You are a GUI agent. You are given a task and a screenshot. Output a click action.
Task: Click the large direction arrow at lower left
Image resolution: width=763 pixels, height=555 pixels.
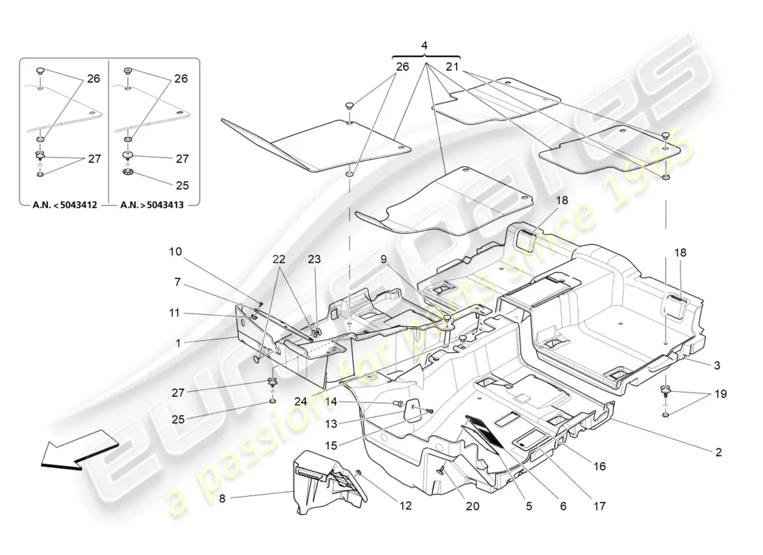point(79,449)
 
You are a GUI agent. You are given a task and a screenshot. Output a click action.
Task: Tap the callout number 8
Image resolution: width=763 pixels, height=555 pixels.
point(223,499)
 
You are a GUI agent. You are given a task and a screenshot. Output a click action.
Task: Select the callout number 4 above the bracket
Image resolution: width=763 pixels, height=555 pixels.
point(425,46)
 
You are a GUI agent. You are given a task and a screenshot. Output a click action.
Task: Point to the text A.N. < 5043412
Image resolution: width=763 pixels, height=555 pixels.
point(65,205)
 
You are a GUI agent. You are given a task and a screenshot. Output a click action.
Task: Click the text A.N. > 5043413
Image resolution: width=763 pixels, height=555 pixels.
point(152,205)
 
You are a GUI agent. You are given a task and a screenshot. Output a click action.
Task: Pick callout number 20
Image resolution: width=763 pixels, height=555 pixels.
point(472,506)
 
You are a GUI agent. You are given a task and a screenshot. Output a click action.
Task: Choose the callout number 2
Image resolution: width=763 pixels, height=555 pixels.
point(719,452)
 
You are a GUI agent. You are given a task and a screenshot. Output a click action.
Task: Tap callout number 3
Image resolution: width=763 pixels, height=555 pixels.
point(717,366)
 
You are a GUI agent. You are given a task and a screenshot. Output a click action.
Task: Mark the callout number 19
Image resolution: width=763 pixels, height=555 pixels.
point(721,394)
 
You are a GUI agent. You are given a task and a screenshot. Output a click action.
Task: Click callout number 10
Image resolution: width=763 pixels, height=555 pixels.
point(175,252)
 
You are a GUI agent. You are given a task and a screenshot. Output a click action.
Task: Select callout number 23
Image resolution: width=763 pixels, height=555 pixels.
point(314,259)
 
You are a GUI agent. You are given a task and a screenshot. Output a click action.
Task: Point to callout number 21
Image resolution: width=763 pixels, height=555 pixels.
point(452,67)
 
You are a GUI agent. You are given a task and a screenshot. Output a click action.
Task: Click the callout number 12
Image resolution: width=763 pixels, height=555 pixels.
point(406,506)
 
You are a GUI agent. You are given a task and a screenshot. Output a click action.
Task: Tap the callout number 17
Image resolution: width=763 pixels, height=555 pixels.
point(600,506)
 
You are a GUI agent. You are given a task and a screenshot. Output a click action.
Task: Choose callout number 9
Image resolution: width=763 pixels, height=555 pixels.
point(384,259)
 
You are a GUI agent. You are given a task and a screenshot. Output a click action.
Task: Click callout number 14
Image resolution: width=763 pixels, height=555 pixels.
point(331,402)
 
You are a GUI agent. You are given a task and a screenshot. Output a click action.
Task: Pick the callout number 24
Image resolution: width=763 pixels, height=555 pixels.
point(301,402)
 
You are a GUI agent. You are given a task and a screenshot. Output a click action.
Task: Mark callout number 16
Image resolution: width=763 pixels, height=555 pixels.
point(600,466)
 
